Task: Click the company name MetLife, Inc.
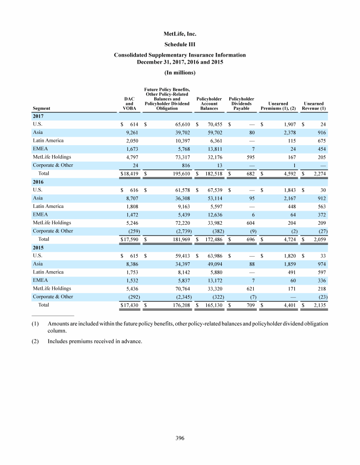pyautogui.click(x=180, y=34)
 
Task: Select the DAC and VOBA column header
pyautogui.click(x=129, y=103)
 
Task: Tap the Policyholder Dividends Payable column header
pyautogui.click(x=241, y=103)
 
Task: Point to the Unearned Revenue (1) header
pyautogui.click(x=315, y=106)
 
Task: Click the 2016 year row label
pyautogui.click(x=38, y=182)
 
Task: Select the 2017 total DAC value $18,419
pyautogui.click(x=129, y=173)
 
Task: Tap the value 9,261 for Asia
pyautogui.click(x=131, y=133)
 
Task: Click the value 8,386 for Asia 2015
pyautogui.click(x=131, y=264)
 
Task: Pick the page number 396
pyautogui.click(x=180, y=438)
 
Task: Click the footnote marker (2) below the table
pyautogui.click(x=37, y=341)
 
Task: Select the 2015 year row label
pyautogui.click(x=38, y=248)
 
